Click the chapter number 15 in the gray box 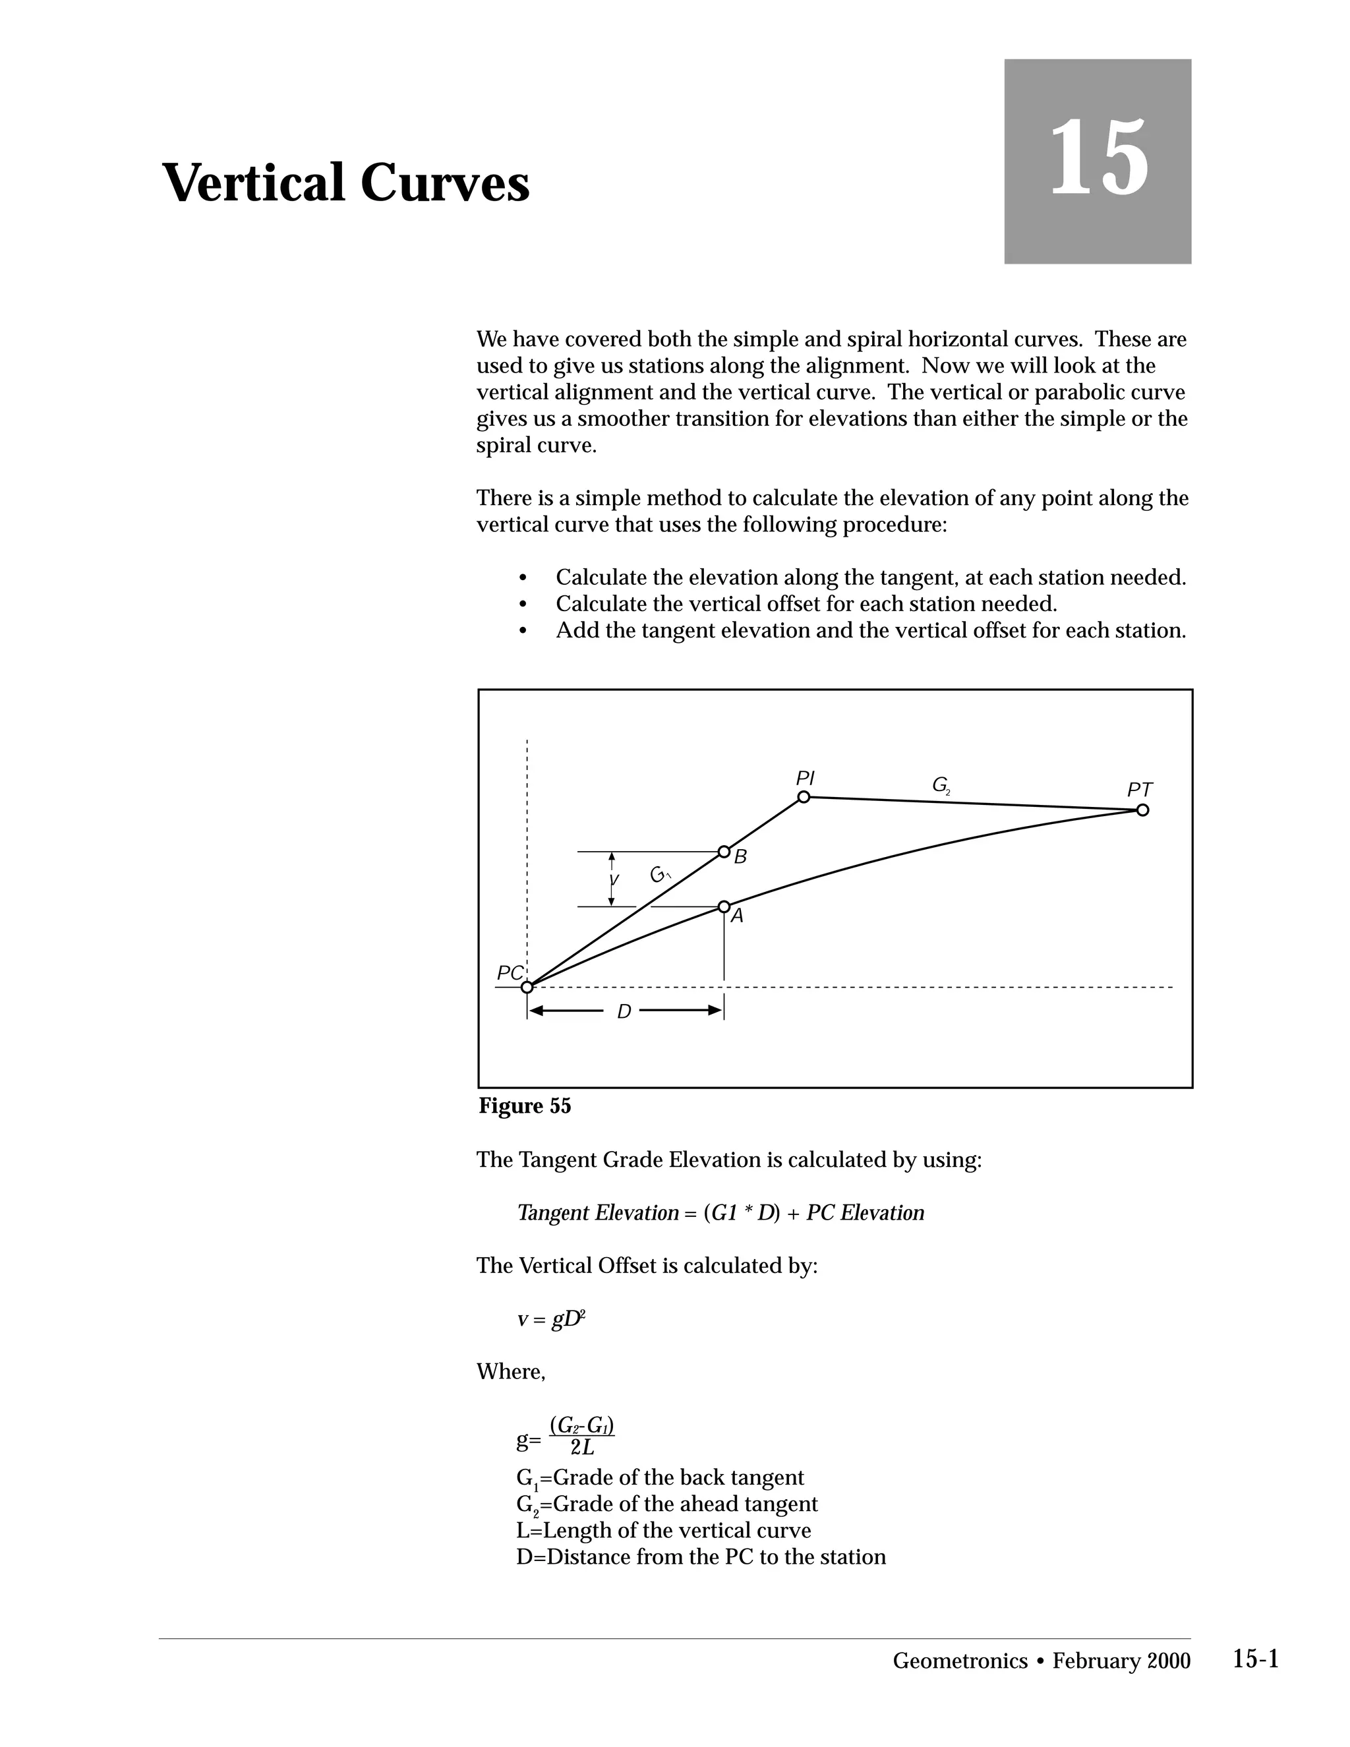click(x=1098, y=158)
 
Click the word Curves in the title click(x=445, y=183)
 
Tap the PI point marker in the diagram click(x=804, y=797)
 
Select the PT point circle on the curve click(x=1142, y=810)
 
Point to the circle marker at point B click(x=724, y=851)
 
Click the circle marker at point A click(x=724, y=906)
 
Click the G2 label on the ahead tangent click(x=941, y=786)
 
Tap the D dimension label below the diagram click(x=624, y=1012)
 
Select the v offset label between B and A click(x=614, y=880)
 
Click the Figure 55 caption click(x=525, y=1106)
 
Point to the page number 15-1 click(x=1256, y=1659)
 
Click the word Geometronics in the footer click(x=960, y=1661)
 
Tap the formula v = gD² click(x=551, y=1319)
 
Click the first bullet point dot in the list click(x=523, y=578)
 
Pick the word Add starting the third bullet click(x=576, y=630)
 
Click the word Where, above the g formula click(x=510, y=1372)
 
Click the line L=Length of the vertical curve click(x=664, y=1530)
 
